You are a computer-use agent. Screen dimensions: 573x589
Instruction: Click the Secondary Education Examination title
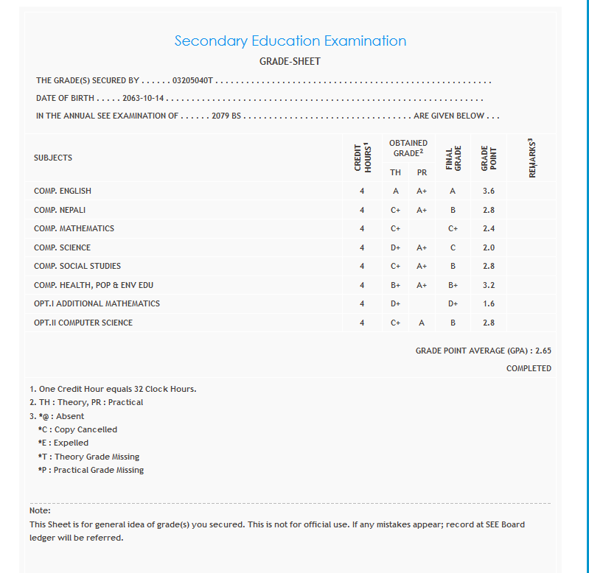click(290, 41)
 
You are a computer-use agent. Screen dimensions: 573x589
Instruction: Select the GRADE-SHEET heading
click(290, 62)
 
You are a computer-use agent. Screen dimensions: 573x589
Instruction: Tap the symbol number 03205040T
click(192, 80)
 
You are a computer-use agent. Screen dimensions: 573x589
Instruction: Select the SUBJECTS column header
click(53, 158)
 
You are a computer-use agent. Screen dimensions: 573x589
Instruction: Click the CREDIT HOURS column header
click(362, 158)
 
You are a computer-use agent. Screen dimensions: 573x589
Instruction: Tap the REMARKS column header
click(532, 158)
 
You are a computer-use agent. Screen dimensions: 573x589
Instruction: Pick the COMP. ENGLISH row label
click(63, 191)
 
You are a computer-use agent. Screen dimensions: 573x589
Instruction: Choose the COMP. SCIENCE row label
click(63, 247)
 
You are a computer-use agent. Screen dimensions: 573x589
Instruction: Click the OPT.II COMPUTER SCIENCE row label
click(83, 323)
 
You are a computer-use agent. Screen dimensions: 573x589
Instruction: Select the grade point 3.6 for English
click(489, 191)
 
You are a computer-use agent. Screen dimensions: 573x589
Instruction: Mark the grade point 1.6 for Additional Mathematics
click(489, 303)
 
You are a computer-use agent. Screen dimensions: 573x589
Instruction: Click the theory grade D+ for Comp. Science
click(396, 247)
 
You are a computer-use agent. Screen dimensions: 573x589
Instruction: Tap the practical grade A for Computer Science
click(422, 323)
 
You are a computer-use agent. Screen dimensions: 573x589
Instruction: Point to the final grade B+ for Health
click(453, 285)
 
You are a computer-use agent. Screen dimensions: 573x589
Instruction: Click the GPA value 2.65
click(543, 351)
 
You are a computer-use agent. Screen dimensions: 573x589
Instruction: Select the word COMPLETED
click(529, 368)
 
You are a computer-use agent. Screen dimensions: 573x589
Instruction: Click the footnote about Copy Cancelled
click(77, 429)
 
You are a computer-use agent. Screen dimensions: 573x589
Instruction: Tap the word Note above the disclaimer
click(40, 510)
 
